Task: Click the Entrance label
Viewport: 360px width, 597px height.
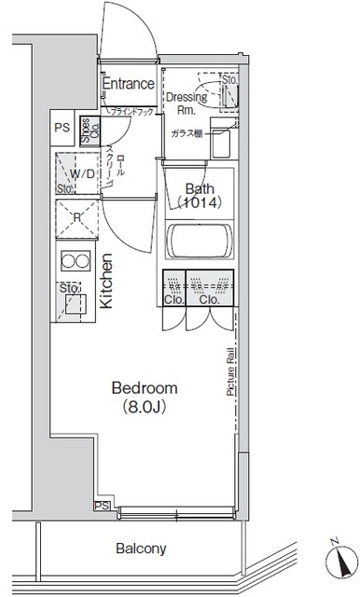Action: tap(128, 84)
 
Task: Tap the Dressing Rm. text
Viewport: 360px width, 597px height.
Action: tap(187, 102)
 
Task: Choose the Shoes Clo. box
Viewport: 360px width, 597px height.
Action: tap(85, 129)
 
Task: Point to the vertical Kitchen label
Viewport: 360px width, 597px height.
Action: tap(106, 283)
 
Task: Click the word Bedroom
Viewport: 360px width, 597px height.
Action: tap(144, 387)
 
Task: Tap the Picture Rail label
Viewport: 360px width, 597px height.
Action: tap(229, 372)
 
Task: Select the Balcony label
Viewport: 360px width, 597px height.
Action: tap(140, 548)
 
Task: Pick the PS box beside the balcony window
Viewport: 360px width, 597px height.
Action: tap(100, 506)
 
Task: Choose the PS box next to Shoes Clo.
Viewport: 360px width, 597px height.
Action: tap(62, 128)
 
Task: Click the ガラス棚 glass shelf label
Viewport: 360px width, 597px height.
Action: tap(185, 133)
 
